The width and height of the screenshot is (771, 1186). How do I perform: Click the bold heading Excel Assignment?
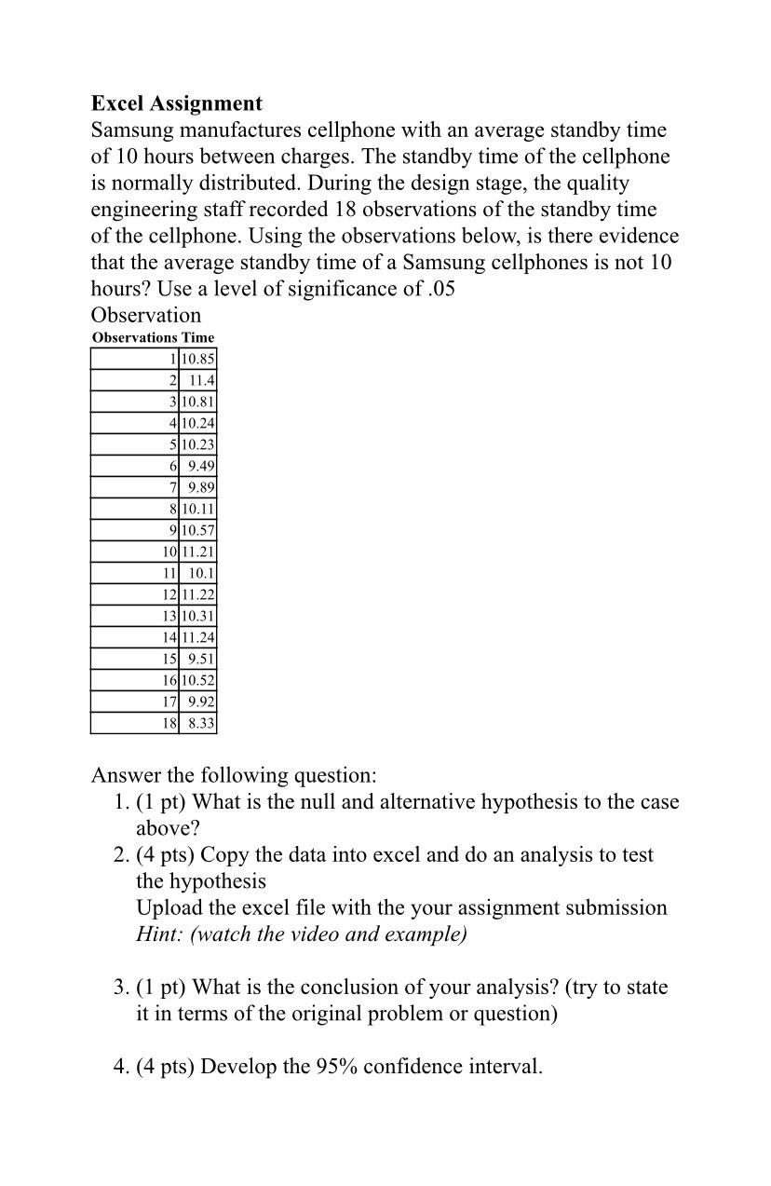click(x=176, y=103)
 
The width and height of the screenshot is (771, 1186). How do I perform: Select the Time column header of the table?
click(x=197, y=337)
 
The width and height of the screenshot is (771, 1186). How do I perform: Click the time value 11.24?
click(x=198, y=637)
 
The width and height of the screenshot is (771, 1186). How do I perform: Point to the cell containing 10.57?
click(x=198, y=530)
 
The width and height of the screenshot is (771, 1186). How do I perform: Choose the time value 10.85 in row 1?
click(x=198, y=359)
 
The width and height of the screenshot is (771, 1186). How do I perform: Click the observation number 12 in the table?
click(x=169, y=594)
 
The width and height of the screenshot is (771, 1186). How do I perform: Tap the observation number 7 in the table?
click(x=173, y=487)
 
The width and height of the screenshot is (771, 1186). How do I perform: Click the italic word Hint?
click(x=159, y=934)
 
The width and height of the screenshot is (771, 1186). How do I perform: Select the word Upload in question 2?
click(x=168, y=907)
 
